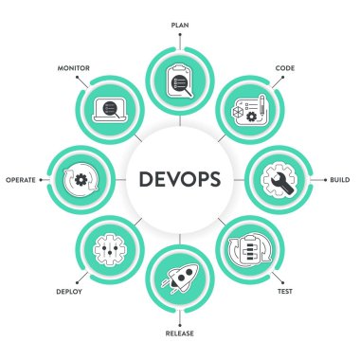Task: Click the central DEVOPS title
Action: [x=179, y=179]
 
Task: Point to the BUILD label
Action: [x=341, y=179]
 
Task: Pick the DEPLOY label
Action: [x=68, y=293]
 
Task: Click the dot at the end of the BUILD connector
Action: [x=325, y=179]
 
